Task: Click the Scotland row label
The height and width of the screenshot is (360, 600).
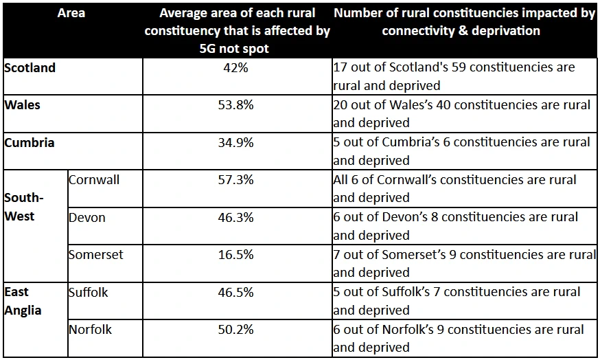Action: coord(30,68)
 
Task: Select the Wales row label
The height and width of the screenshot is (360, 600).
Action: coord(23,105)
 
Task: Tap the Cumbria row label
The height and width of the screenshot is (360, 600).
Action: coord(30,143)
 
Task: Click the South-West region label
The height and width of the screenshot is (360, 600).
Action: coord(24,207)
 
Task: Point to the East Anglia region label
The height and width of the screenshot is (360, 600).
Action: coord(23,301)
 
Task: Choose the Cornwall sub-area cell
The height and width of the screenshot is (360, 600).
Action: coord(94,180)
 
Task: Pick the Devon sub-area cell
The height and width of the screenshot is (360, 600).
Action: coord(87,217)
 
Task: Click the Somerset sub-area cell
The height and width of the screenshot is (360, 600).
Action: coord(96,255)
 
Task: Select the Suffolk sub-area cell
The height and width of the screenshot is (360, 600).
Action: coord(89,292)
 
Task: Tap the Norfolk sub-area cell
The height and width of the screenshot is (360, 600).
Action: coord(90,330)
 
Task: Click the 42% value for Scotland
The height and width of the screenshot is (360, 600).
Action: coord(236,68)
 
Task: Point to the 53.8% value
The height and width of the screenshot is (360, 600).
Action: coord(236,105)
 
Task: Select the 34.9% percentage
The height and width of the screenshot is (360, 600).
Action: coord(236,143)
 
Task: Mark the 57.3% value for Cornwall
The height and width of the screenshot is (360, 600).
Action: coord(236,180)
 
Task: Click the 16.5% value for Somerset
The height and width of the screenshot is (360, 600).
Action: coord(236,255)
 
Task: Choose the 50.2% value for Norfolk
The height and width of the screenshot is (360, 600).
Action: coord(236,330)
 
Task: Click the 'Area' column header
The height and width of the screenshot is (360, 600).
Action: coord(71,13)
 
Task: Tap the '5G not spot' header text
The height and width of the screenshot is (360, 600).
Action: coord(237,49)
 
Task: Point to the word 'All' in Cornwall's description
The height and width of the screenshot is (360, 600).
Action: coord(342,180)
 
